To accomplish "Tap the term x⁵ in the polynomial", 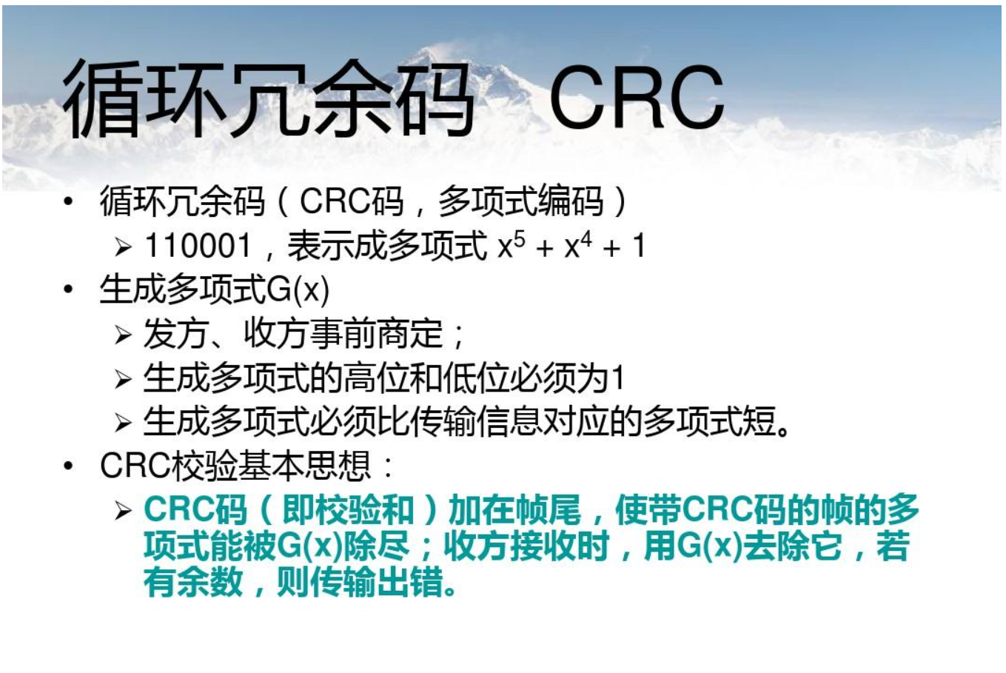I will (x=511, y=246).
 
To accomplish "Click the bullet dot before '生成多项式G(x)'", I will (x=69, y=289).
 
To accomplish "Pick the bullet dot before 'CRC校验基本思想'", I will (x=69, y=466).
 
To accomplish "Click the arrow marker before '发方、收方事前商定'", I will (x=123, y=335).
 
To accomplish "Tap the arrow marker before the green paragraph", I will (x=123, y=511).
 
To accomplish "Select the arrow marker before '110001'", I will (x=123, y=247).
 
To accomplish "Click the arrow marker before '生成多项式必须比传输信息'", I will (x=123, y=423).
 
